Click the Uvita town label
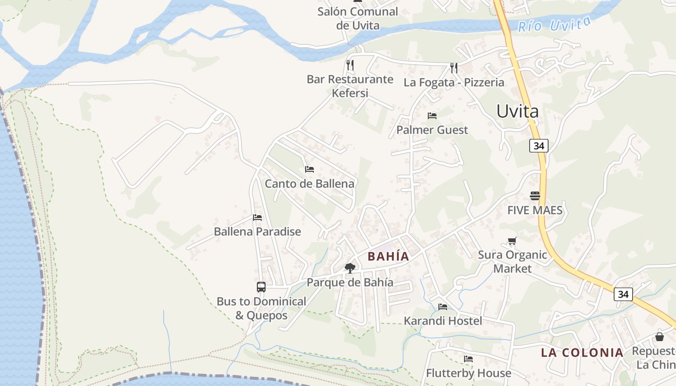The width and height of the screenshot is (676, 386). tap(517, 111)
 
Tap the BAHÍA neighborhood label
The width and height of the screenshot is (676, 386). tap(388, 256)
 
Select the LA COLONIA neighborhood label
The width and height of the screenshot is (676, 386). tap(582, 352)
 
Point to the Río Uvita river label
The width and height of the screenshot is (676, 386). tap(554, 24)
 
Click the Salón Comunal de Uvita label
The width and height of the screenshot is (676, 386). tap(358, 18)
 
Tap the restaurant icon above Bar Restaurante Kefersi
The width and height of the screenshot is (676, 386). tap(350, 65)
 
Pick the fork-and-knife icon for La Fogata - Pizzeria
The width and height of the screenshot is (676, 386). tap(453, 68)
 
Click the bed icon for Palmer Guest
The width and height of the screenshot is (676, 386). tap(432, 116)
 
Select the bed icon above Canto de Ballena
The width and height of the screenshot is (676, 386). tap(310, 169)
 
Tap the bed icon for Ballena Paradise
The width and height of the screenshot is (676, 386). tap(257, 218)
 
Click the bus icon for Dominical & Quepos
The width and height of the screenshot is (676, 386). tap(261, 287)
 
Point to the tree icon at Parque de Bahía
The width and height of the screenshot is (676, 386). tap(350, 268)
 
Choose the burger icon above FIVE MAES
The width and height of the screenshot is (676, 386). tap(535, 196)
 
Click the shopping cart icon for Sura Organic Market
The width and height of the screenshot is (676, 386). tap(512, 241)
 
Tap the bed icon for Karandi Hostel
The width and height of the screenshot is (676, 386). tap(443, 307)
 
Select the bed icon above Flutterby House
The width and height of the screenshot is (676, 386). tap(468, 359)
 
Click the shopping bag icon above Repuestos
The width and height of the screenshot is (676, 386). tap(660, 337)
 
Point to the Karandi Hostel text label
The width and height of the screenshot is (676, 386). tap(443, 321)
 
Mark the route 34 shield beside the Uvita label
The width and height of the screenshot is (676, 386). tap(539, 145)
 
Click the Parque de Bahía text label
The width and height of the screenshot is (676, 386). tap(350, 282)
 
